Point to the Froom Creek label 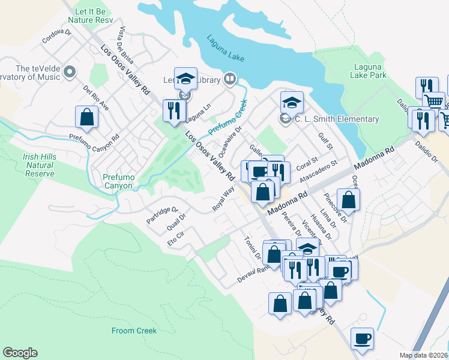click(x=134, y=331)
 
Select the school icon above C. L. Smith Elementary click(x=292, y=102)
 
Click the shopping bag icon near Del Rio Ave click(x=87, y=117)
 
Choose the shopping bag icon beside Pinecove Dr click(x=348, y=199)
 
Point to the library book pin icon click(x=229, y=79)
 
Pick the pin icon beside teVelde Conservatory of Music click(x=70, y=73)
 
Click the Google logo click(x=20, y=353)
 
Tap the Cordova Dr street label click(x=56, y=37)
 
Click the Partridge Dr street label click(x=163, y=215)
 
